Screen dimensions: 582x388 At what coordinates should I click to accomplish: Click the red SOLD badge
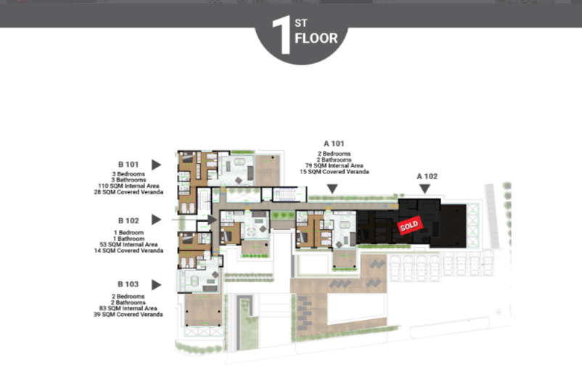coord(410,225)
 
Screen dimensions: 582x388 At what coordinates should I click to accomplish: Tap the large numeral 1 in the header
coord(282,36)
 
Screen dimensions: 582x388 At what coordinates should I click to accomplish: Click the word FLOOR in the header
coord(316,38)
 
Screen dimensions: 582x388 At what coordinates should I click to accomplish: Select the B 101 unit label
coord(128,165)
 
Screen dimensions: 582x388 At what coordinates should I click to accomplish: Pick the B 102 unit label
coord(128,220)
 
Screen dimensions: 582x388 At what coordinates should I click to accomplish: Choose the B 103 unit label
coord(128,284)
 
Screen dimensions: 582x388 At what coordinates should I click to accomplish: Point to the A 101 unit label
coord(334,144)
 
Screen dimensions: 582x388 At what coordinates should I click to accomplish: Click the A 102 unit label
coord(427,176)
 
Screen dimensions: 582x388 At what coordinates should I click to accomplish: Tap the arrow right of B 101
coord(156,165)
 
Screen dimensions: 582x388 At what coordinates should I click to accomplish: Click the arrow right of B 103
coord(156,285)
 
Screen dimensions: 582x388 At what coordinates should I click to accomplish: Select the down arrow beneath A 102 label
coord(425,189)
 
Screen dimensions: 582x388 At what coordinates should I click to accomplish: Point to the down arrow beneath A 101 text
coord(332,189)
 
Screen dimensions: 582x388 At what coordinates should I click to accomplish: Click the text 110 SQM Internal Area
coord(128,186)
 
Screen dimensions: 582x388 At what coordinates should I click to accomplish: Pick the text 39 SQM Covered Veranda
coord(128,314)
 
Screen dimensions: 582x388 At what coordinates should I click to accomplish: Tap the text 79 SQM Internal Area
coord(334,166)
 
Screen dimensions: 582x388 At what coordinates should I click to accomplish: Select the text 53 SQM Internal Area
coord(128,244)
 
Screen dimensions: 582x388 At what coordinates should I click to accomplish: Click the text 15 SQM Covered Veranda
coord(334,172)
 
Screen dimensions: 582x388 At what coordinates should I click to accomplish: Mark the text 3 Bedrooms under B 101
coord(128,174)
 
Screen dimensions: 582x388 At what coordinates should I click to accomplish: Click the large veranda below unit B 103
coord(203,310)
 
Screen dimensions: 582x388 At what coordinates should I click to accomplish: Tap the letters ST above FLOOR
coord(301,23)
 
